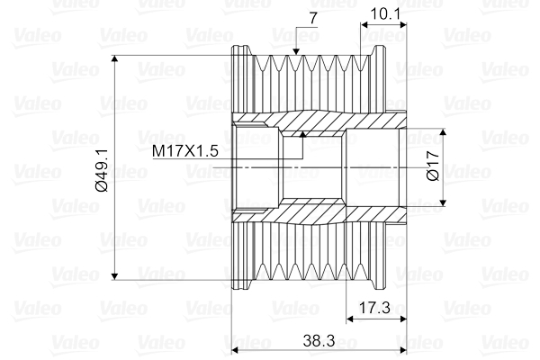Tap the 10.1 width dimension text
383,14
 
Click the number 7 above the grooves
313,16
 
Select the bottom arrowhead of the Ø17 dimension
445,205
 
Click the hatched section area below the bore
315,215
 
